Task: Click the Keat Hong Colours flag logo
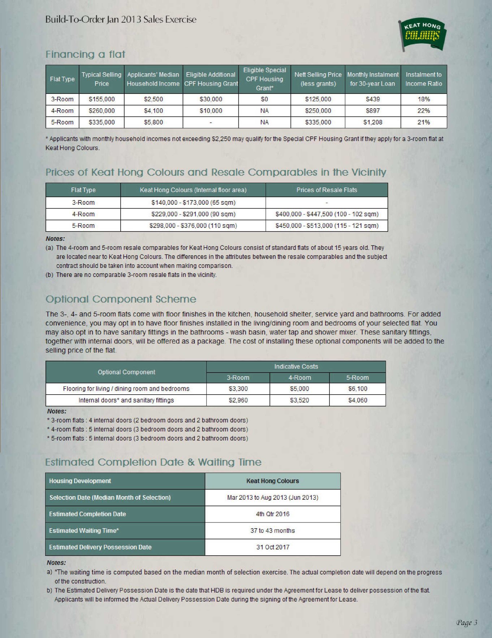[423, 35]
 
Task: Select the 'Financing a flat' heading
[85, 54]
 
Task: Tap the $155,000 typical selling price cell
[102, 99]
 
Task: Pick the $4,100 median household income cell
[153, 111]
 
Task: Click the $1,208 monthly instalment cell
[372, 122]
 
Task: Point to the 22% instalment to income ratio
[423, 111]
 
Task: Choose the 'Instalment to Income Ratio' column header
[423, 79]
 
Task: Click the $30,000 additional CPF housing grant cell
[211, 99]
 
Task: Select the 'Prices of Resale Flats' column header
[327, 190]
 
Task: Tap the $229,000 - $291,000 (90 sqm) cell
[193, 214]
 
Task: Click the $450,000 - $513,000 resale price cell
[327, 226]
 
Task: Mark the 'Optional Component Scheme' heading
[121, 299]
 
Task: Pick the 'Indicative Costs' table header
[296, 366]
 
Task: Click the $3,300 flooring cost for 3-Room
[238, 389]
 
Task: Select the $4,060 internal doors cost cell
[357, 400]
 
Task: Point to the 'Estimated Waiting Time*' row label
[84, 531]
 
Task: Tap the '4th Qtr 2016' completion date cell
[272, 514]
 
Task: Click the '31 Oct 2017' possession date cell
[272, 547]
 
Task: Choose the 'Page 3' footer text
[467, 622]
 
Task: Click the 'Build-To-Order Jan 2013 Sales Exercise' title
[121, 19]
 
